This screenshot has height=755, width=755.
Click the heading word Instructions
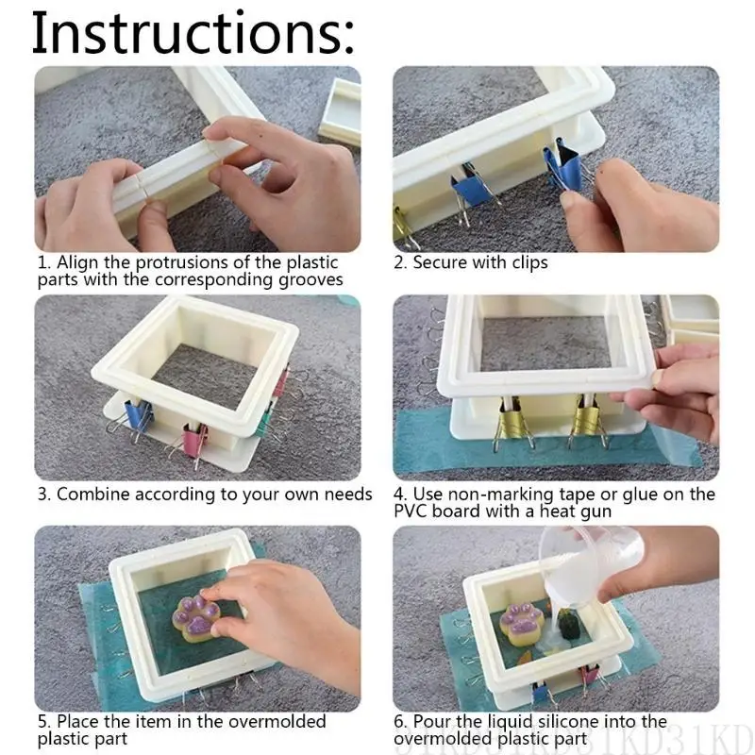(193, 34)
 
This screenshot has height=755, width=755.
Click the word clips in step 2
(527, 262)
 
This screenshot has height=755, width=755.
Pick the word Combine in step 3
(93, 495)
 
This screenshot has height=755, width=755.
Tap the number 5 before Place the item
(43, 722)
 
